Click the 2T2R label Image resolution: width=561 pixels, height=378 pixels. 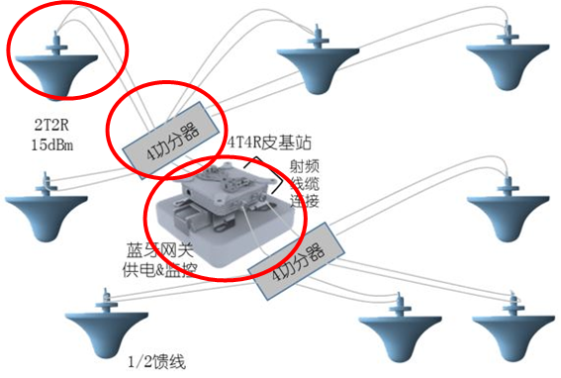(x=51, y=125)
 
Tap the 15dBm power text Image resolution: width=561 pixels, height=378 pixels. (x=52, y=145)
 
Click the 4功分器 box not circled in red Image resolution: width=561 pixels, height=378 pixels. (x=296, y=260)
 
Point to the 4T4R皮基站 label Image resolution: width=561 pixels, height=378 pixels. (x=269, y=142)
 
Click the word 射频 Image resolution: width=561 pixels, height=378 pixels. (x=304, y=166)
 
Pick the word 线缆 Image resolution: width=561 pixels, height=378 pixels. (x=305, y=184)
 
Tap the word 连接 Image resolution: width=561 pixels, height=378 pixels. (x=305, y=201)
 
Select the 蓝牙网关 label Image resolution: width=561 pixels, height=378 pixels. (x=160, y=250)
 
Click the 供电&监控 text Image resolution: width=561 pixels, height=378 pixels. (x=160, y=269)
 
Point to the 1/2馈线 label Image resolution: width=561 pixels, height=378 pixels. (x=157, y=362)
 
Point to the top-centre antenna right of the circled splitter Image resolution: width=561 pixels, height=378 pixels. (x=318, y=59)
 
